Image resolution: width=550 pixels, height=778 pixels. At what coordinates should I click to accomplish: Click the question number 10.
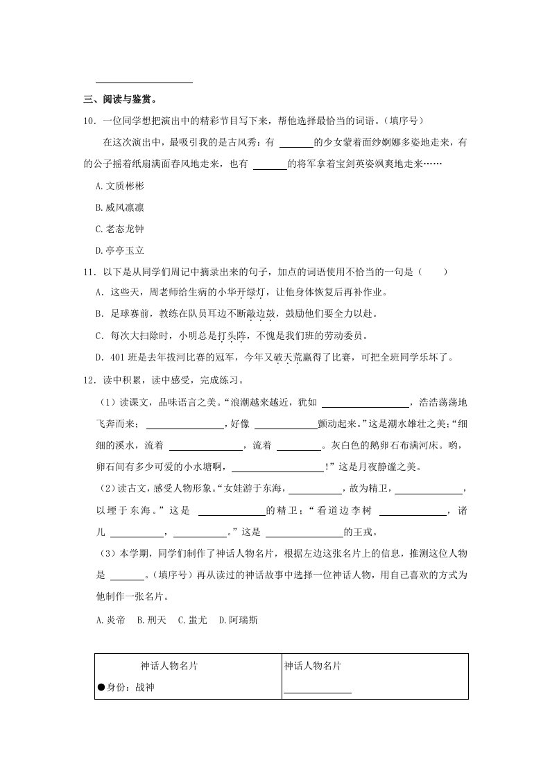point(88,121)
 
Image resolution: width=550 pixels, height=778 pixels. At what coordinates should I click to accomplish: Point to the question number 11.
point(88,272)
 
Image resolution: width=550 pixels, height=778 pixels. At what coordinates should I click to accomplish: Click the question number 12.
point(88,379)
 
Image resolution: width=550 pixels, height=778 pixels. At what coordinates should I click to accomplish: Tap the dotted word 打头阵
point(231,336)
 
